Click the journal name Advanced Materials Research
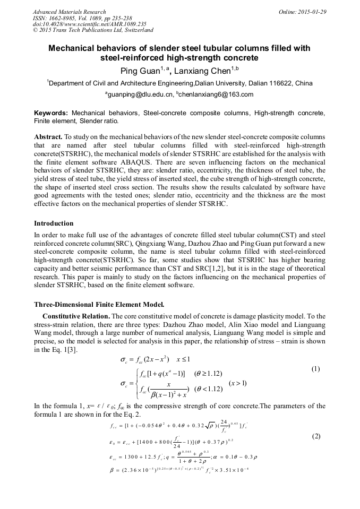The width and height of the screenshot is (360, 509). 69,12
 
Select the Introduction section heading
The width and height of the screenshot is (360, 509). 54,223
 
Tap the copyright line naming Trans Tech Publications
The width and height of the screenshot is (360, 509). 93,30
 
